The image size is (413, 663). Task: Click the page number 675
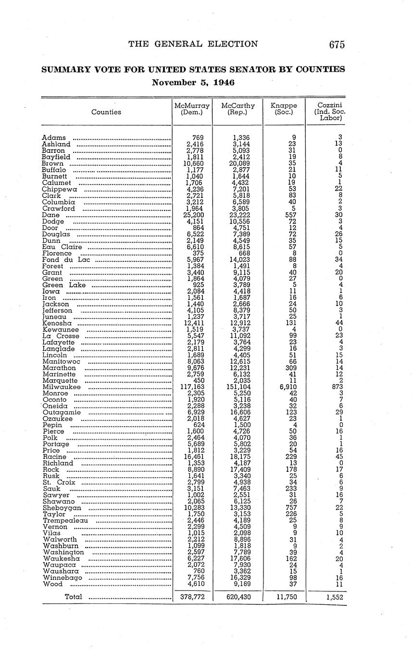tap(337, 45)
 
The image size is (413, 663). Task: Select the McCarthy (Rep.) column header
tap(238, 109)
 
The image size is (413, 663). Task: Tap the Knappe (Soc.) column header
tap(284, 109)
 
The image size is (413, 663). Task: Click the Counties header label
tap(106, 112)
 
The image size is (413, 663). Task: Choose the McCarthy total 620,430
tap(238, 597)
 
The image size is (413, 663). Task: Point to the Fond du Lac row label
tap(66, 260)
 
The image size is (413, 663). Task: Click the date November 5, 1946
tap(193, 82)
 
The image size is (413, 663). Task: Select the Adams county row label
tap(54, 138)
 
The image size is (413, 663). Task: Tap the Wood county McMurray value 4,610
tap(195, 584)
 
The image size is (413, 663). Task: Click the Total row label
tap(73, 597)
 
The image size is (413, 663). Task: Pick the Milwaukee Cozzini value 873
tap(336, 387)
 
